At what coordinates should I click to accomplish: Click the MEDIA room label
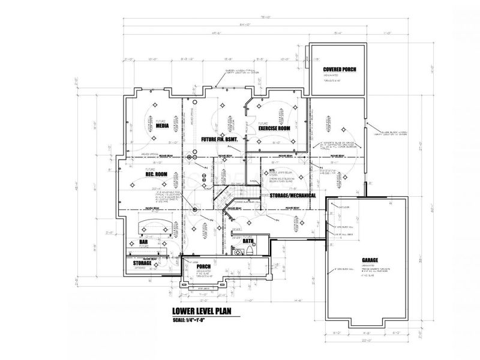(161, 127)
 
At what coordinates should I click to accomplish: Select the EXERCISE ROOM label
(274, 128)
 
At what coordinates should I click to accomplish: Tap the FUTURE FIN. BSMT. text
(220, 139)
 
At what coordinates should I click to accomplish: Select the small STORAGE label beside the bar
(142, 262)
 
